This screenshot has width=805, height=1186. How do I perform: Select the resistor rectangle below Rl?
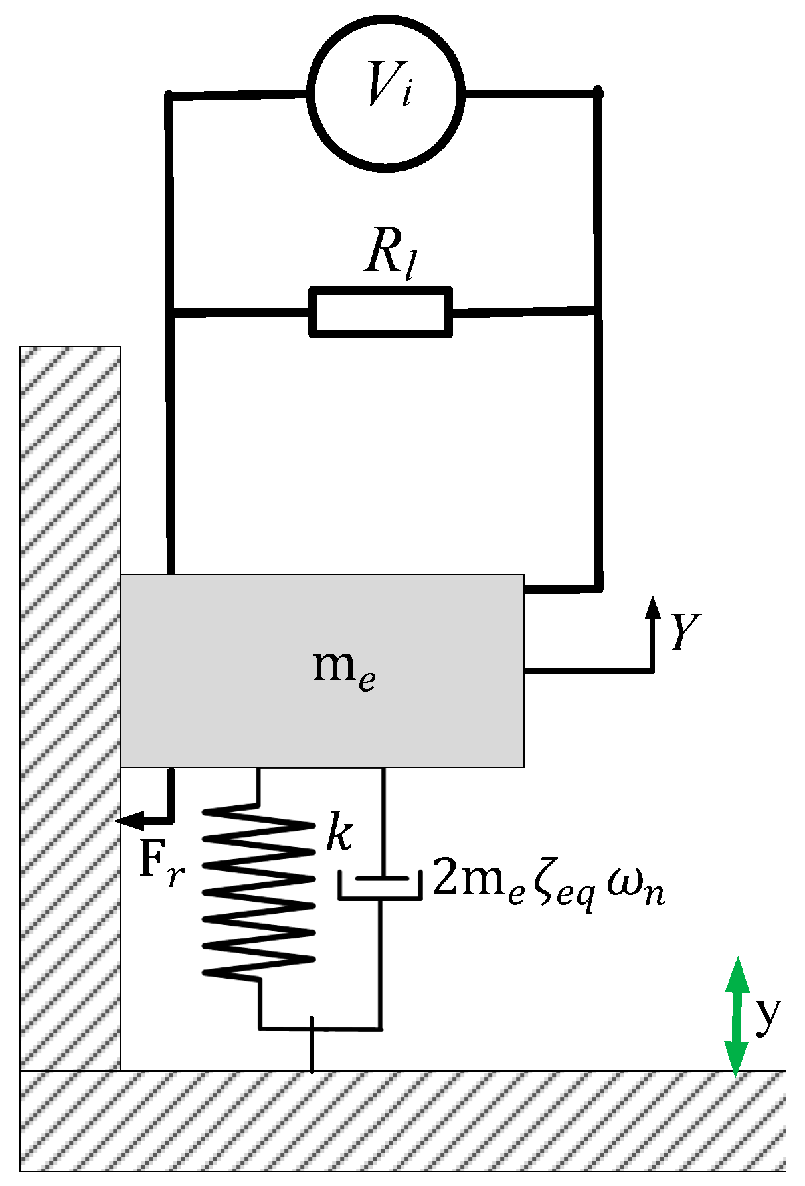point(381,312)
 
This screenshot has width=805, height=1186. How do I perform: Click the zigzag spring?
point(258,890)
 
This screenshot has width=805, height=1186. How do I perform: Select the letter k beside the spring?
point(339,833)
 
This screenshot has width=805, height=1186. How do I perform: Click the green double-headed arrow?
point(736,1015)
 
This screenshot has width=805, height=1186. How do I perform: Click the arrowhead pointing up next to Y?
point(653,607)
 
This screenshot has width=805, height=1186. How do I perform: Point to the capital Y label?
point(685,632)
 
